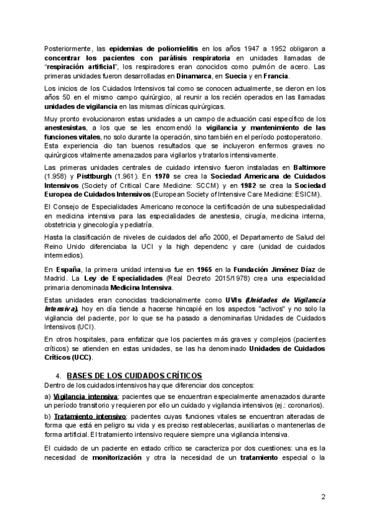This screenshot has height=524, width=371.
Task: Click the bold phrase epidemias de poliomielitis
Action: tap(154, 48)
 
